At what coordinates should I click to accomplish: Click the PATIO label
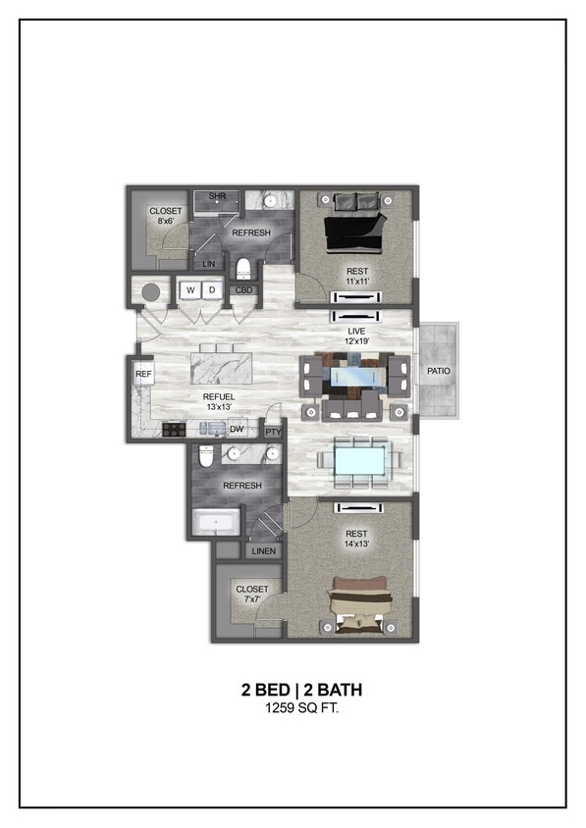(438, 371)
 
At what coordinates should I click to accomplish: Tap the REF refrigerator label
(143, 374)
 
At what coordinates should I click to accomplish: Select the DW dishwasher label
(236, 429)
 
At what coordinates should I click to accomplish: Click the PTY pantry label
(272, 431)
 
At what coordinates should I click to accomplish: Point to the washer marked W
(188, 290)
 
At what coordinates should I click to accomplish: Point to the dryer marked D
(210, 290)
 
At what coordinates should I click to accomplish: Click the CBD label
(243, 290)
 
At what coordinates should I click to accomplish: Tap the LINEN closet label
(264, 551)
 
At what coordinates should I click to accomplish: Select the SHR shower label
(217, 196)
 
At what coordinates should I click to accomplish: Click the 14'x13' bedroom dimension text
(355, 543)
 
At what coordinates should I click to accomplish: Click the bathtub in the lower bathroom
(215, 521)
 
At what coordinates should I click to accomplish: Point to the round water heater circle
(152, 291)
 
